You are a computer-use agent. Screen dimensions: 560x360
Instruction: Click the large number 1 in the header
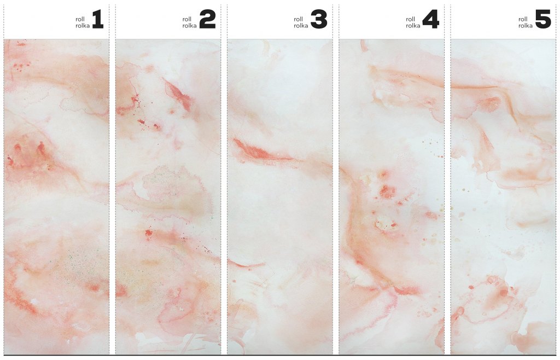coord(98,20)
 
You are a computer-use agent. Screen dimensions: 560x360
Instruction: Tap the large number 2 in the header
coord(207,20)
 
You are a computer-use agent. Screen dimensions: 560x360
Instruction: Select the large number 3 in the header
coord(319,20)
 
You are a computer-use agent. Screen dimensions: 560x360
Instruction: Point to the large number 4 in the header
coord(430,20)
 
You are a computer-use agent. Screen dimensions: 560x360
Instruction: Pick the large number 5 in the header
coord(543,20)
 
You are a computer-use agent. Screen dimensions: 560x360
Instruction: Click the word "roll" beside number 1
coord(80,19)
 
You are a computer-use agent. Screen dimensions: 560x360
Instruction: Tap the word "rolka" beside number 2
coord(189,26)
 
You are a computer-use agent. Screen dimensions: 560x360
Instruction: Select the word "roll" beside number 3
coord(298,19)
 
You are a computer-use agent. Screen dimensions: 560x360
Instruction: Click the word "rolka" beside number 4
coord(413,26)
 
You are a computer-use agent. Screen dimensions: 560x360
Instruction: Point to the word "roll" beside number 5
coord(523,19)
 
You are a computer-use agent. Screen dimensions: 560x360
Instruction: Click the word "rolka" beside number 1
coord(83,26)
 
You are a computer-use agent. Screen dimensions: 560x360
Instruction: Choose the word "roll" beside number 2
coord(187,19)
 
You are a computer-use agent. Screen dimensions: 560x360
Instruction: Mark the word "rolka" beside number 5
coord(526,26)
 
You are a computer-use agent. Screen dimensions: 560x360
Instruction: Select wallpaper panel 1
coord(56,196)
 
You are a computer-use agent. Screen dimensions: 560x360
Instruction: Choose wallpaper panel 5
coord(503,196)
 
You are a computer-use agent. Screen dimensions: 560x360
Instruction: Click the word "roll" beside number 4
coord(410,19)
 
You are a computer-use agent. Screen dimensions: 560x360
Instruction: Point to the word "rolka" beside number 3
coord(301,26)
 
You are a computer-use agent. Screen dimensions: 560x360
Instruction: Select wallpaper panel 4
coord(392,196)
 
